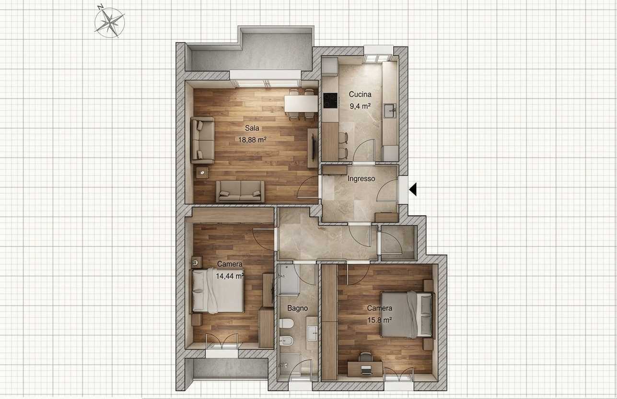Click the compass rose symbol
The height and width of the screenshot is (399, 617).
pos(109,22)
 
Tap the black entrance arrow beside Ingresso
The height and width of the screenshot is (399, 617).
pos(413,189)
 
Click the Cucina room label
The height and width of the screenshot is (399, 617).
pos(360,94)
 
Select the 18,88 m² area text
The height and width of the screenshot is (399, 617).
pos(252,140)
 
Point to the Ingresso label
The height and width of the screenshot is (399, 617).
pos(361,178)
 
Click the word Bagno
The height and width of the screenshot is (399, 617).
pos(298,308)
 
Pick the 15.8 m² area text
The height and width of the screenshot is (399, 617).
pos(380,320)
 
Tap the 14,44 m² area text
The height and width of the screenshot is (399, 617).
pos(230,276)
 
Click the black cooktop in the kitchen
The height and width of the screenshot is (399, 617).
pos(330,100)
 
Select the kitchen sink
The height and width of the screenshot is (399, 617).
pos(390,111)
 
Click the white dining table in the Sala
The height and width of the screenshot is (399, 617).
pos(301,103)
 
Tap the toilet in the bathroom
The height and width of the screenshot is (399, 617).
pos(286,323)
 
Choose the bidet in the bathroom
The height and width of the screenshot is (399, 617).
pos(286,341)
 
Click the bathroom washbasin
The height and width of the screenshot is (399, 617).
pos(313,333)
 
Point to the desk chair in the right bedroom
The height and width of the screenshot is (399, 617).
pos(365,357)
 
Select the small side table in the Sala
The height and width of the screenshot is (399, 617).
pos(202,173)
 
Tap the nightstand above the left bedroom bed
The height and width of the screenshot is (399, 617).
pos(197,262)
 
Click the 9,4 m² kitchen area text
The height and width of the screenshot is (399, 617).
pos(360,106)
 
